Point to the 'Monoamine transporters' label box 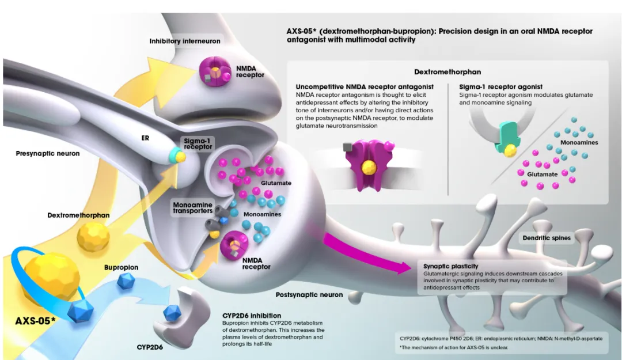point(192,208)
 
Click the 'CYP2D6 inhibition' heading point(251,316)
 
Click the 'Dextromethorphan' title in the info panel point(447,72)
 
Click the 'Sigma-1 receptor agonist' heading point(501,87)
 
